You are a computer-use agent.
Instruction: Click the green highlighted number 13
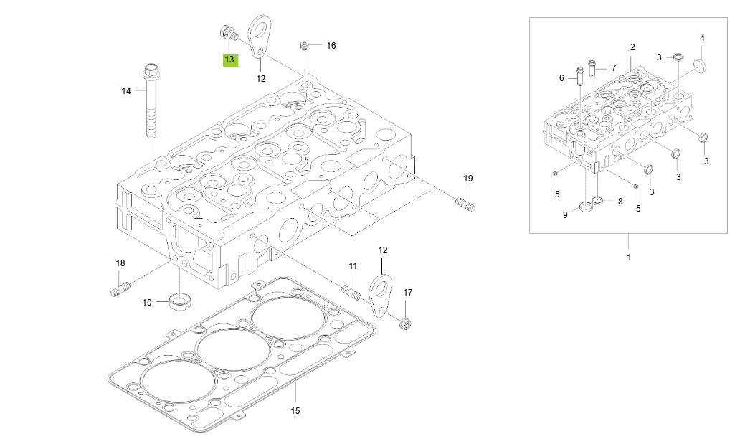(229, 60)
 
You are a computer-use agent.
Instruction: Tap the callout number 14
(126, 90)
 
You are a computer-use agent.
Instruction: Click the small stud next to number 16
(304, 46)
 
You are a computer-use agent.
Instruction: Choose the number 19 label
(468, 178)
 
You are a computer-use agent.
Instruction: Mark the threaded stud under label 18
(120, 291)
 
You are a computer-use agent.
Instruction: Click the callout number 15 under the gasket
(295, 411)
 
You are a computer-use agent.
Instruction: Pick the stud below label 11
(351, 293)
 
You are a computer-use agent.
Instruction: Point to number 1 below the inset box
(629, 256)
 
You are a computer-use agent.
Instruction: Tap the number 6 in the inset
(562, 78)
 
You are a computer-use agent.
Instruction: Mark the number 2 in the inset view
(632, 47)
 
